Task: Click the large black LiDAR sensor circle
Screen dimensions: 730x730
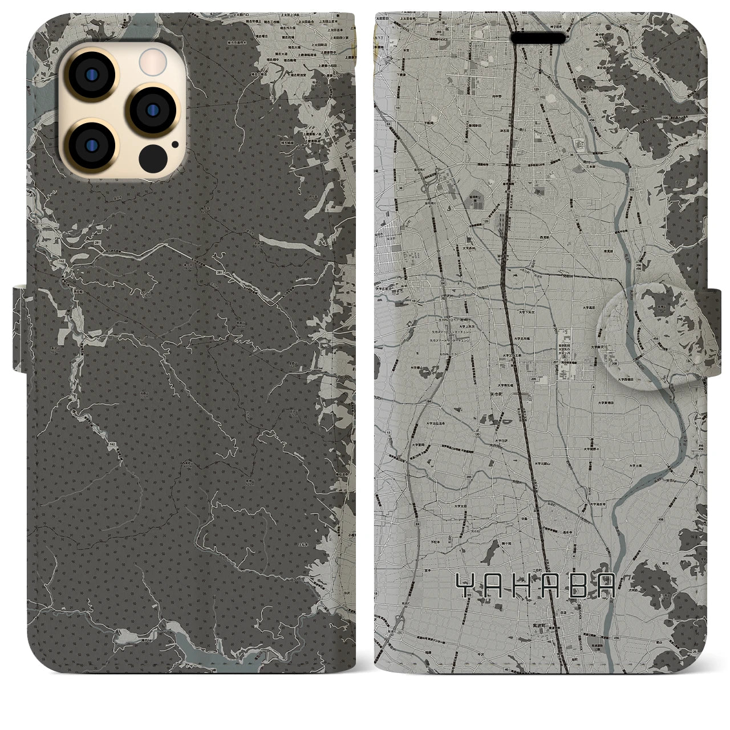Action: pos(152,156)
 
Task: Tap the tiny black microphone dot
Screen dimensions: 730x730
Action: pos(174,144)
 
